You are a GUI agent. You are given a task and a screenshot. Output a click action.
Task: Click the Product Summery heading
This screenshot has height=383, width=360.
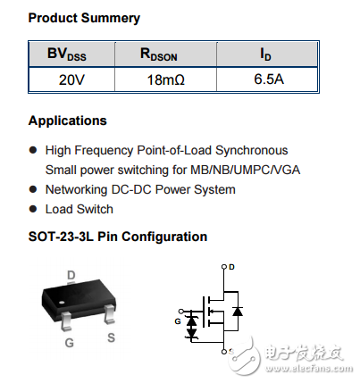click(84, 18)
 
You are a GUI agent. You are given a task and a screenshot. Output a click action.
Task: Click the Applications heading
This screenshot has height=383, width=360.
click(67, 121)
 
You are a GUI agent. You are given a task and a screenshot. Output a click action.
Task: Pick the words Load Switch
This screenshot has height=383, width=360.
click(80, 209)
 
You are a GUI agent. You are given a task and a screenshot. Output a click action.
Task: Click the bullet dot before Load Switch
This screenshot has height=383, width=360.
click(34, 209)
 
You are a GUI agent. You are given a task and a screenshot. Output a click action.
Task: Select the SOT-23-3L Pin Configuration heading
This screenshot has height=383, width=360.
click(118, 237)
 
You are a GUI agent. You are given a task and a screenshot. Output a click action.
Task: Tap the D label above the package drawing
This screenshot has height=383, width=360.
click(71, 274)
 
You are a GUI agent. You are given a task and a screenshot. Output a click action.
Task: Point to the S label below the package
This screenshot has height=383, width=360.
click(111, 337)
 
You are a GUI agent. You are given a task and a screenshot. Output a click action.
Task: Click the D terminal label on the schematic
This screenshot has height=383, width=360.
click(231, 266)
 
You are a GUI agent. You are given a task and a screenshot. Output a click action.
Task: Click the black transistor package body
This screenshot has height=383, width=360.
click(76, 298)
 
